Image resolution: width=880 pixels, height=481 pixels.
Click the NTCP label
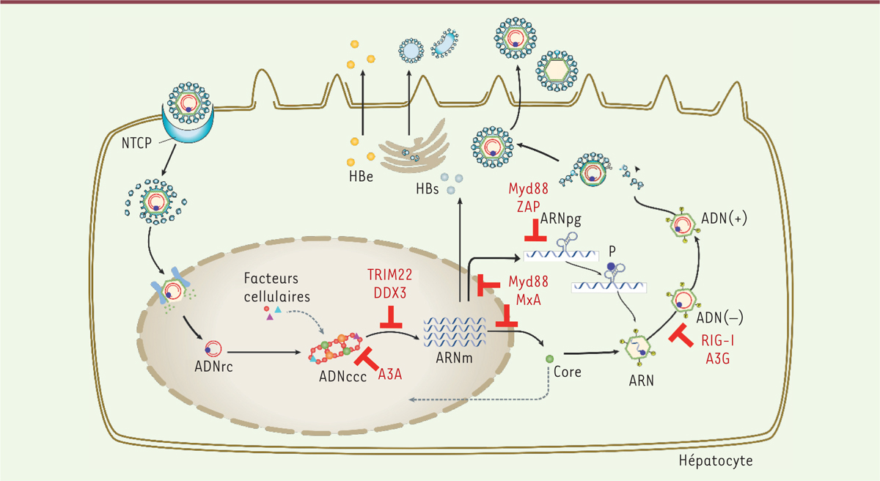136,143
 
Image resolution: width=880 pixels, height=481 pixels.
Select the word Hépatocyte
716,460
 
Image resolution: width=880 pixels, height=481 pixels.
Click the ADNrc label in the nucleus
213,367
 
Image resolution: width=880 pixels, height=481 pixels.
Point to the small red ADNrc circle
213,349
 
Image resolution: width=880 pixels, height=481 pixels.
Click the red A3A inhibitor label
390,375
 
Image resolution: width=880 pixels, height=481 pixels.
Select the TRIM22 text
389,275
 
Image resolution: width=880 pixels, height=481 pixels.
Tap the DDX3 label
389,293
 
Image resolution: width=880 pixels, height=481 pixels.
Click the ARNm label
454,358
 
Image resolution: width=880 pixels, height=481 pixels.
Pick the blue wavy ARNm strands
455,332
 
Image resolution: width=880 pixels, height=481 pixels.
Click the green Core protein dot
549,359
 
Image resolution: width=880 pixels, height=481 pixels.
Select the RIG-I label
718,341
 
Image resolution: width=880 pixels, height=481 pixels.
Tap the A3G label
718,359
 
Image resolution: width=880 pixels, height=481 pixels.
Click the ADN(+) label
724,219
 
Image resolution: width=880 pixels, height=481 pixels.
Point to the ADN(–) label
719,317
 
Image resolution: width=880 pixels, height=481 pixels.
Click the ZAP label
529,207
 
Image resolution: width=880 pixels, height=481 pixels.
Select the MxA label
529,300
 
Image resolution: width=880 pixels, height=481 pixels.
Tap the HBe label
361,177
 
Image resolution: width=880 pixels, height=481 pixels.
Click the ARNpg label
560,219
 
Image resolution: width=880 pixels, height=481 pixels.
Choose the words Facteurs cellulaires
277,287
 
